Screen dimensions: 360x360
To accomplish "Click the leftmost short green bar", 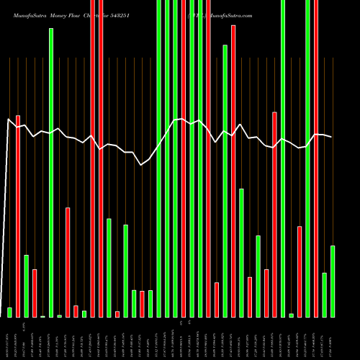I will tap(9, 312).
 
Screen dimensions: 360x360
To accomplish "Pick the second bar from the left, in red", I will tap(18, 216).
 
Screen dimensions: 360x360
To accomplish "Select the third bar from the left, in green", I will tap(26, 286).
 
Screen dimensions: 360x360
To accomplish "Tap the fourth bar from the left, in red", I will tap(35, 293).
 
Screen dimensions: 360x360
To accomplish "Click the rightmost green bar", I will tap(333, 281).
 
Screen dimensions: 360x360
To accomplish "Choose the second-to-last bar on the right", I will tap(324, 294).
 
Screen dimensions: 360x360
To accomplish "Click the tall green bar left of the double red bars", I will tap(51, 173).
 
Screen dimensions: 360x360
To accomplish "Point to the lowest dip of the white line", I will tap(142, 165).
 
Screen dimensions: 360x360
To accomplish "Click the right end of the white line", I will tap(331, 137).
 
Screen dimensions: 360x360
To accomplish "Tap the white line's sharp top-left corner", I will tap(9, 119).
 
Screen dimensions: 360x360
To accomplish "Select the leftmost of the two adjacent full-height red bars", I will tap(93, 158).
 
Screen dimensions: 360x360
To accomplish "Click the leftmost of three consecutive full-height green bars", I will tap(158, 158).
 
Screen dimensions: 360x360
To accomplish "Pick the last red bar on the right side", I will tap(316, 158).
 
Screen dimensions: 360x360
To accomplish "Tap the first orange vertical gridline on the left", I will tap(9, 180).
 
